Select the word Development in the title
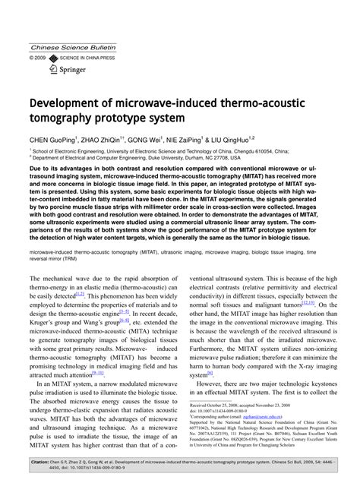pyautogui.click(x=71, y=102)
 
